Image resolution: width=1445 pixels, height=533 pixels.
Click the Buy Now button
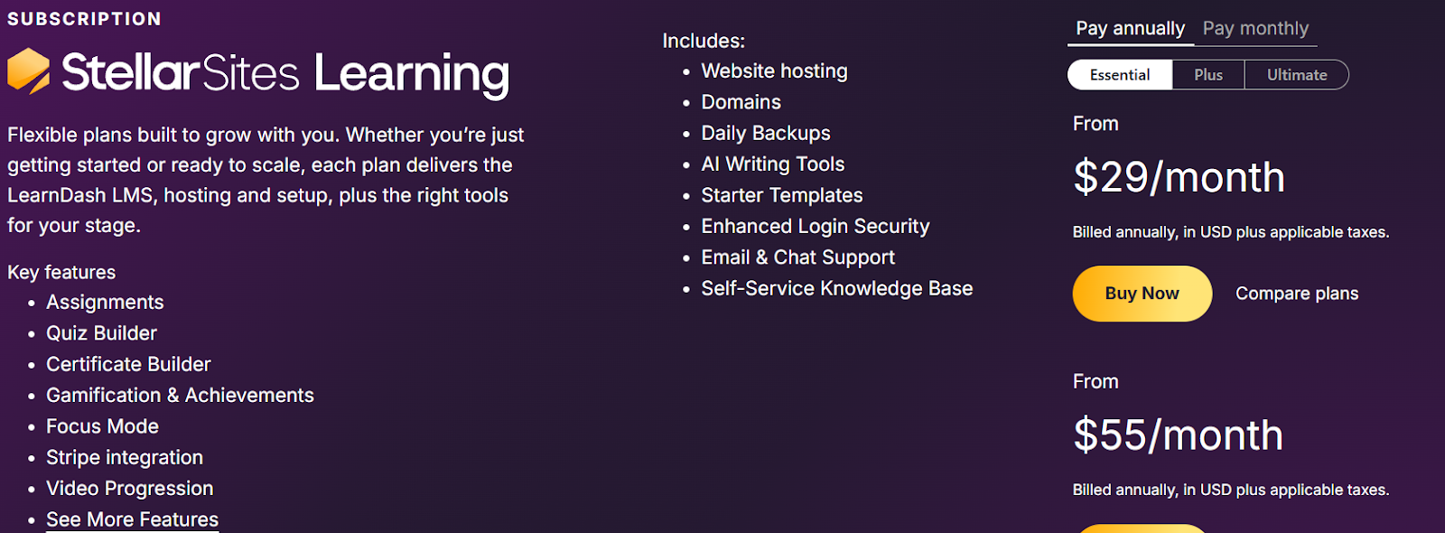[1142, 294]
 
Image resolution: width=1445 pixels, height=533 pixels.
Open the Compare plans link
[1297, 294]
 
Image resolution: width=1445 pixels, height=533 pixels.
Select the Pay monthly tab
[1255, 28]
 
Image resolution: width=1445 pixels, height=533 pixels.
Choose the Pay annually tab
[1130, 28]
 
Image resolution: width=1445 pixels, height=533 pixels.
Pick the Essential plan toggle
[1120, 75]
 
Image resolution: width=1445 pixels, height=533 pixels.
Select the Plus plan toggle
[1208, 75]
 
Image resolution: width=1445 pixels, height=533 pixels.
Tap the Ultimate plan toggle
[1297, 75]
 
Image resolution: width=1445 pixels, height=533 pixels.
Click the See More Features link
[132, 519]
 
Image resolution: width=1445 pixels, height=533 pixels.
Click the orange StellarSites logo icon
[28, 71]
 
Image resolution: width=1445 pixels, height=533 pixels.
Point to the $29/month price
[1179, 177]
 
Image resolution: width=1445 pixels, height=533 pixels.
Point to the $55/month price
[1178, 435]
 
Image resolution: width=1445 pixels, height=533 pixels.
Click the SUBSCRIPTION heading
[84, 19]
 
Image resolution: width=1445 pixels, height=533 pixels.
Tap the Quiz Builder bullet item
[101, 333]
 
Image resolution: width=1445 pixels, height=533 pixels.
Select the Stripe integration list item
[125, 457]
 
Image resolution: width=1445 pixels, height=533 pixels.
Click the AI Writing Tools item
[773, 164]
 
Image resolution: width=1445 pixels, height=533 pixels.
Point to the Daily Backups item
[766, 133]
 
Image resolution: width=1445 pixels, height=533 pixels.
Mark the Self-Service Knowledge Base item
[836, 288]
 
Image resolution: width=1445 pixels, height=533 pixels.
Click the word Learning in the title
[412, 76]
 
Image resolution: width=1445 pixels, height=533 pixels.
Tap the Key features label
[61, 272]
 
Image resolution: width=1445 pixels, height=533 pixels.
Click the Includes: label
[704, 42]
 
